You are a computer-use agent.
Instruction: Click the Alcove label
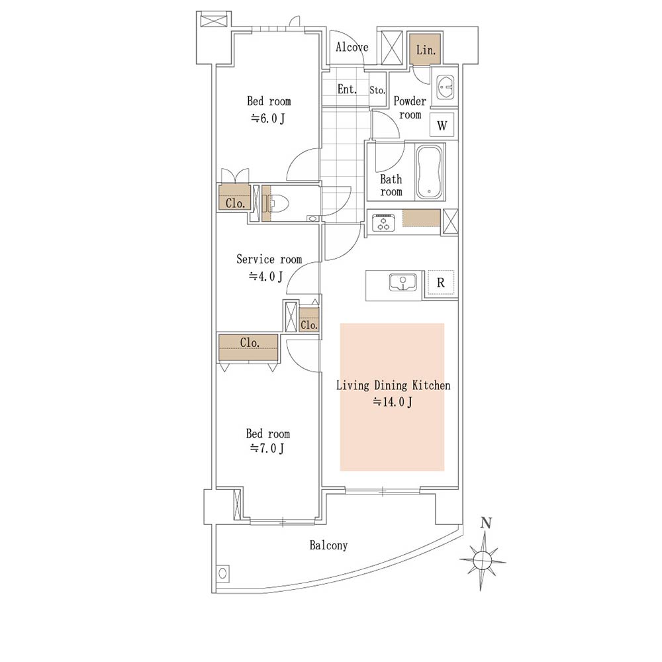[352, 47]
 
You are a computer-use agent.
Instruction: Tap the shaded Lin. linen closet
[425, 50]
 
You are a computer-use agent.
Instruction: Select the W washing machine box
[442, 125]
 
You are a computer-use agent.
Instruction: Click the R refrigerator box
[440, 283]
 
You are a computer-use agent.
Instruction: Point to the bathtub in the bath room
[429, 172]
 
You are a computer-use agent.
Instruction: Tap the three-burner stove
[383, 222]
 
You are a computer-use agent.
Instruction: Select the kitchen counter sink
[402, 282]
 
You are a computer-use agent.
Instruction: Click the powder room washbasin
[444, 87]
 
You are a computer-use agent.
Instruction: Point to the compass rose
[482, 560]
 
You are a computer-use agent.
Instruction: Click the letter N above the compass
[486, 523]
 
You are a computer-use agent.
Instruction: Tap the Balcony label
[328, 545]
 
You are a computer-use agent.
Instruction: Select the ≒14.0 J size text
[392, 402]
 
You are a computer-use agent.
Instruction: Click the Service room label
[269, 259]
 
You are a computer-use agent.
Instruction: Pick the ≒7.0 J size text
[267, 448]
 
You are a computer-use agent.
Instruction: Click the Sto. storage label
[377, 90]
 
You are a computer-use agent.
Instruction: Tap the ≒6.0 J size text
[267, 118]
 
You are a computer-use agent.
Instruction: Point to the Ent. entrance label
[347, 89]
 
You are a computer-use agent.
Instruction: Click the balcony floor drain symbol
[223, 573]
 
